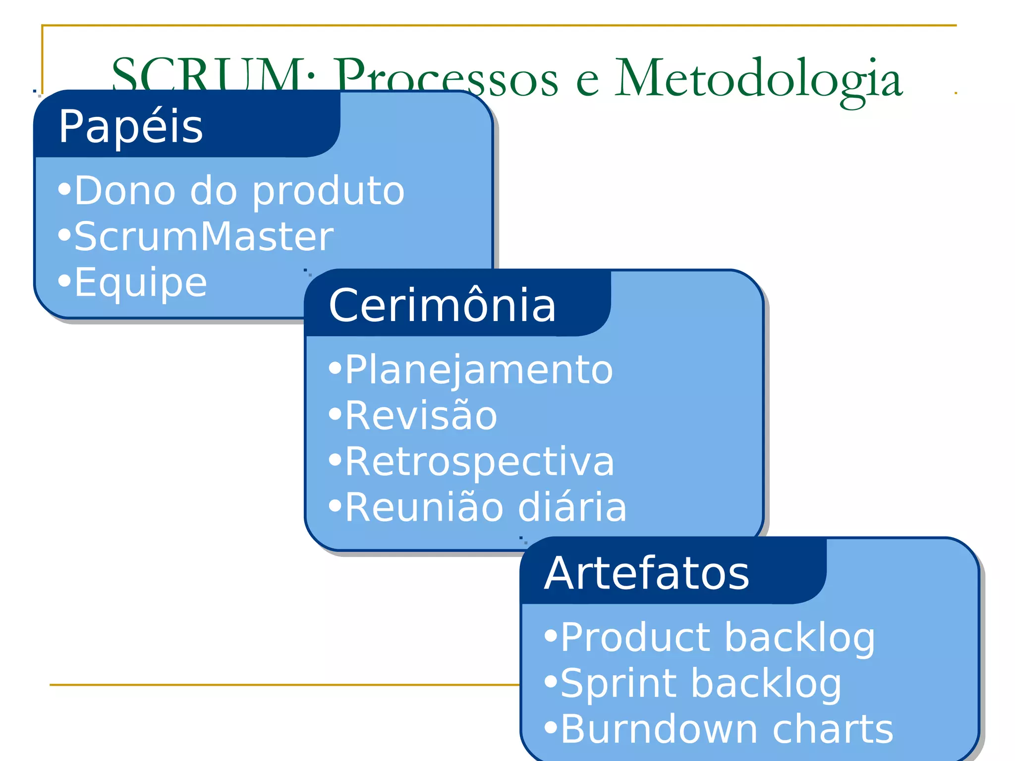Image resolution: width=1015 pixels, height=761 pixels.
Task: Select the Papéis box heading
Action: pyautogui.click(x=131, y=127)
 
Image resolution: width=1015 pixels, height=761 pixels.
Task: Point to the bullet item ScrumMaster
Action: pyautogui.click(x=204, y=237)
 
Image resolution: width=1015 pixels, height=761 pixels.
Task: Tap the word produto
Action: pyautogui.click(x=329, y=192)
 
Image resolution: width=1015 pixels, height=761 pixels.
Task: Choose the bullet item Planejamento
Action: pyautogui.click(x=479, y=370)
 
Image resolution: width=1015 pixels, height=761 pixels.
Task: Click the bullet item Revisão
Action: pyautogui.click(x=421, y=416)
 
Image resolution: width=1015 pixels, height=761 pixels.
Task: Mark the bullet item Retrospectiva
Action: pyautogui.click(x=479, y=462)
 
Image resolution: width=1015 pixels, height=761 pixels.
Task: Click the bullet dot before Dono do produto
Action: pyautogui.click(x=64, y=189)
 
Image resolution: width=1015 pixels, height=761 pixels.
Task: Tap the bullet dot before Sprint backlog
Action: pyautogui.click(x=551, y=682)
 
